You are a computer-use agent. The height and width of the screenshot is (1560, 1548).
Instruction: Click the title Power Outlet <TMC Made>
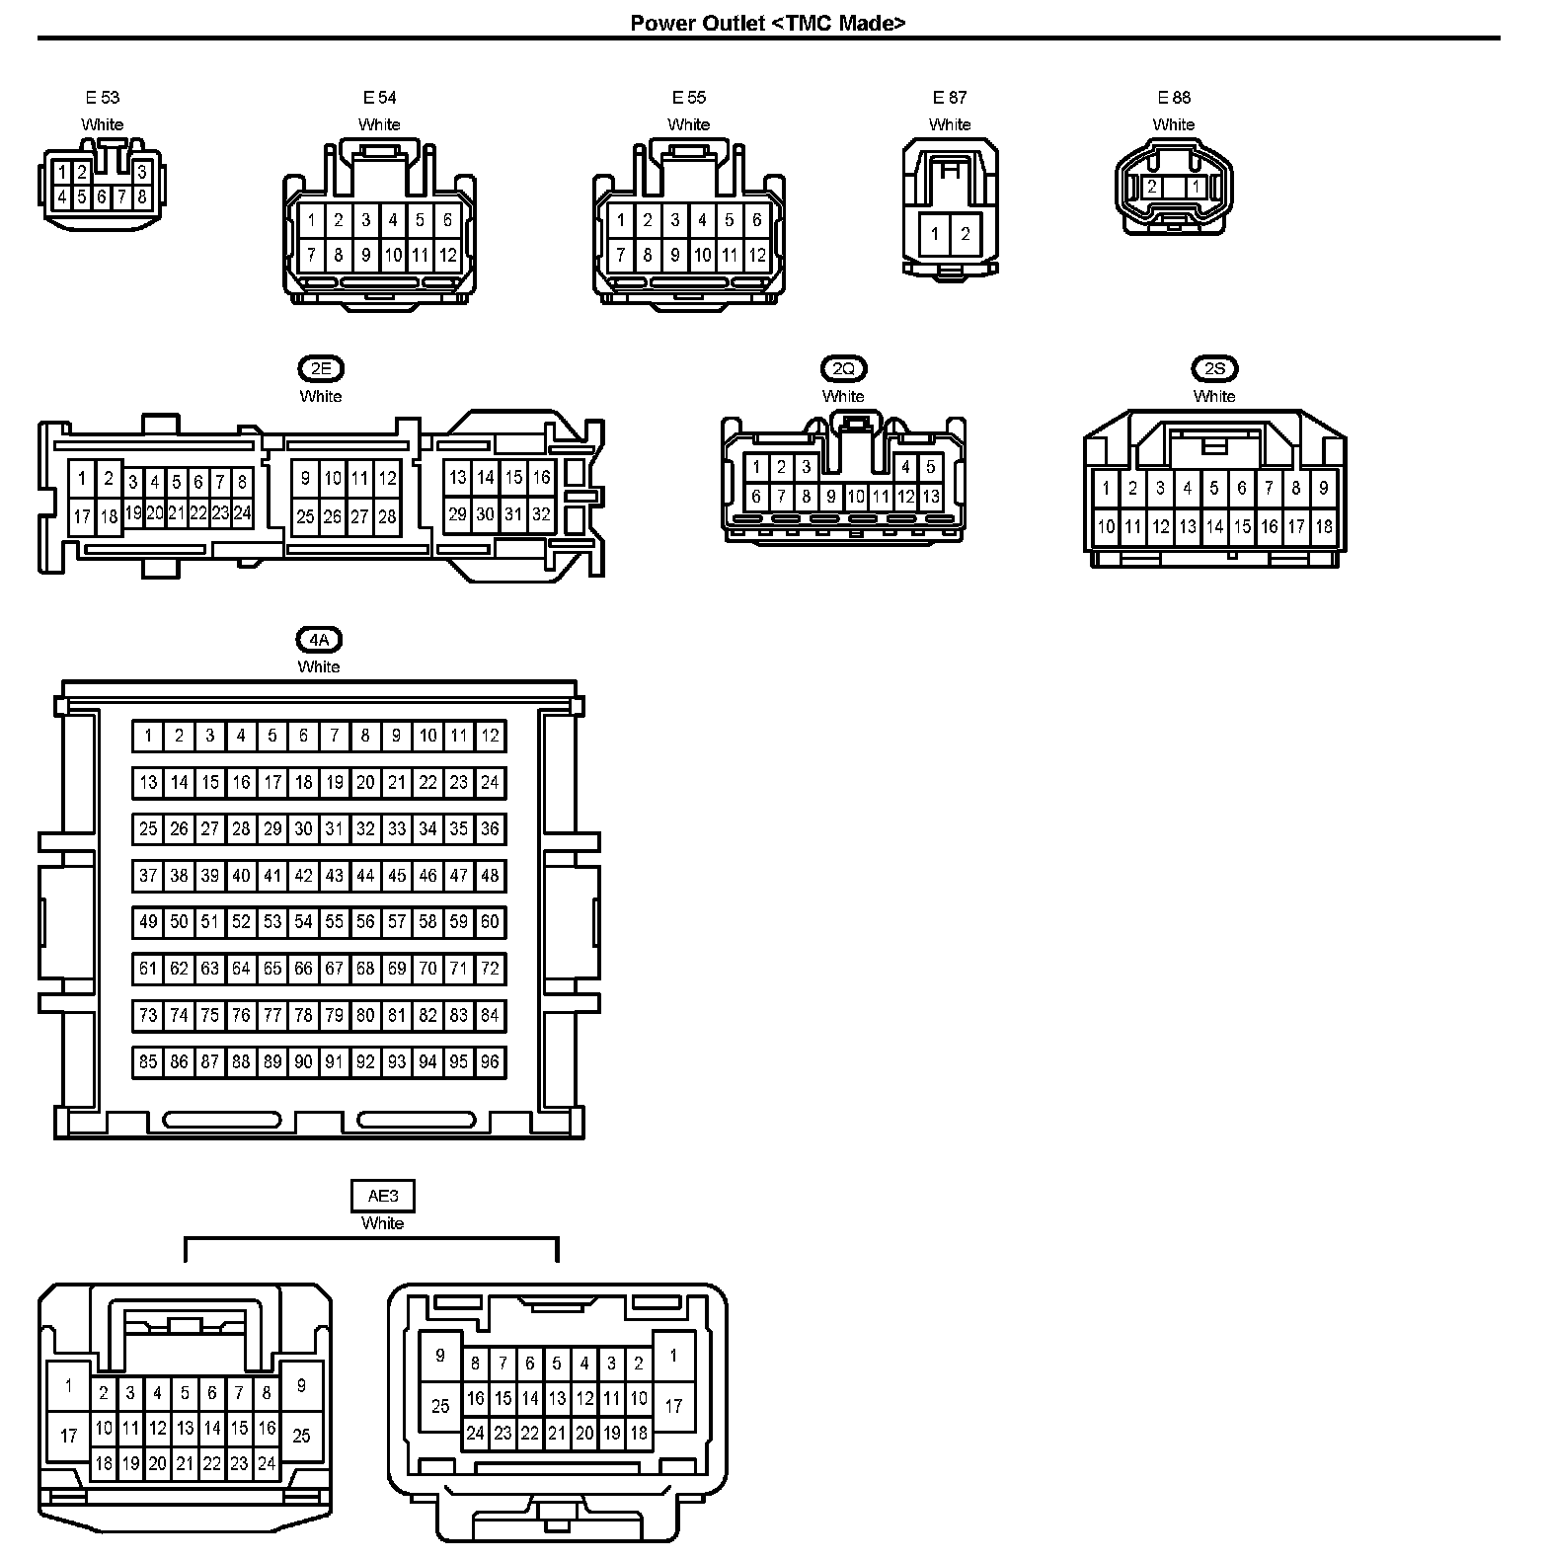768,23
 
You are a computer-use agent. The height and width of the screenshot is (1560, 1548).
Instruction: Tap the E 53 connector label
102,98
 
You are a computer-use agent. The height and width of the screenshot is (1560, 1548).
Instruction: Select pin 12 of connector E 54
447,256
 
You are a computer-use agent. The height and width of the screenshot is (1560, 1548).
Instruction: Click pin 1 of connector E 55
620,221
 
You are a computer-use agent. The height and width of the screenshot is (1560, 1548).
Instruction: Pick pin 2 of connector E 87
965,234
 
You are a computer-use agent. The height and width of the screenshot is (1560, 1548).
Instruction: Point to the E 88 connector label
1174,98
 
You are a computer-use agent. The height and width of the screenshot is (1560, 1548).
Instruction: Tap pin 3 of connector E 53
142,172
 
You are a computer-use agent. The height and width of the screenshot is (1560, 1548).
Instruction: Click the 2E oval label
321,369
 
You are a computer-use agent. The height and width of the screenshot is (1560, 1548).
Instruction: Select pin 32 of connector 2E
541,514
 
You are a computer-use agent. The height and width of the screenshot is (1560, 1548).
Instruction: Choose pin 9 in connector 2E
306,479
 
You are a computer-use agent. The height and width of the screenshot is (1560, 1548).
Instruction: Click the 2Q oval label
843,369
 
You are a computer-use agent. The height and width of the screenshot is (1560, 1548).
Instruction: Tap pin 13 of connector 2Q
930,498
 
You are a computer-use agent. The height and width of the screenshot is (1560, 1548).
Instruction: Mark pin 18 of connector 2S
1323,527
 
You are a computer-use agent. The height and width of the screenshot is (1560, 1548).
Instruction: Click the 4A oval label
319,640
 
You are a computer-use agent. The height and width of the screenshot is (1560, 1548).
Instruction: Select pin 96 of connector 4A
490,1062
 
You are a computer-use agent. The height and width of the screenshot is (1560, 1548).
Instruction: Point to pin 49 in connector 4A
148,922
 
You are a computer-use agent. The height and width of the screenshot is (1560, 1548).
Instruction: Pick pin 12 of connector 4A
490,736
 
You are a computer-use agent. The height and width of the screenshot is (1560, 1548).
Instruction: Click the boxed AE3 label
383,1197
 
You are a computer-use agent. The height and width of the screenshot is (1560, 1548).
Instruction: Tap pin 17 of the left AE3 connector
69,1436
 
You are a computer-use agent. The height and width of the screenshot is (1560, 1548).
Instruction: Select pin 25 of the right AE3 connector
440,1406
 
